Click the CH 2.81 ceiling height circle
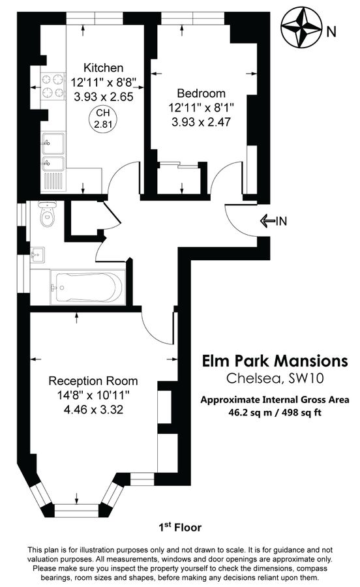(x=102, y=119)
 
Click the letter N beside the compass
(x=332, y=31)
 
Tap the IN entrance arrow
(x=273, y=221)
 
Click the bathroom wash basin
(x=37, y=253)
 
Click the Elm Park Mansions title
(x=274, y=361)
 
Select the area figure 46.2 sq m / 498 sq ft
(x=274, y=413)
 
